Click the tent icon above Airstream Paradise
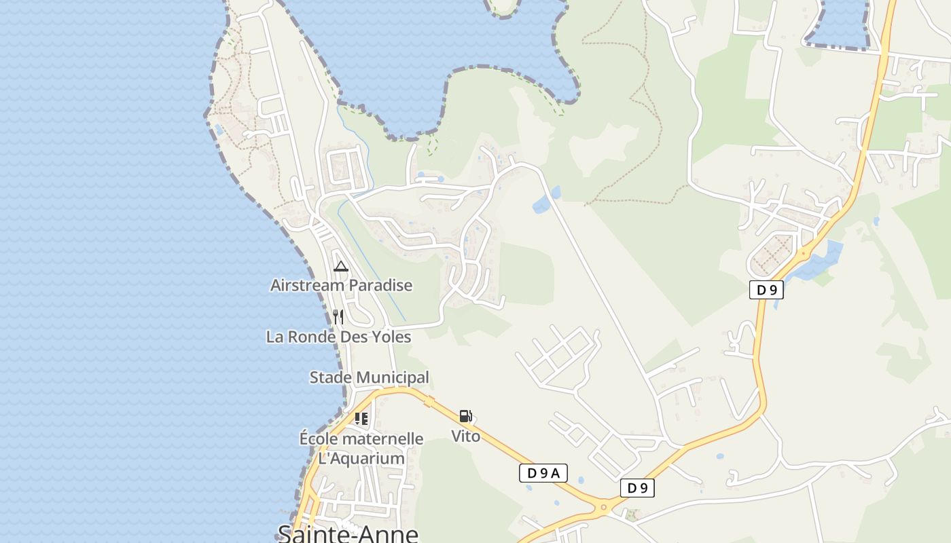[x=341, y=266]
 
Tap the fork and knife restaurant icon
[x=338, y=317]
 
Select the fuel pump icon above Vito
[x=465, y=416]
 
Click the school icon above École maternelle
[x=361, y=419]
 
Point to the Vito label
[x=466, y=436]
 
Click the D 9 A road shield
[x=543, y=473]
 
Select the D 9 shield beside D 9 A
[x=637, y=488]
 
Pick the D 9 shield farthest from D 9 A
[x=766, y=290]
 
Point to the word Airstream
[x=308, y=285]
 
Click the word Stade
[x=330, y=377]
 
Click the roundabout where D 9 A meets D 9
[x=603, y=506]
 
